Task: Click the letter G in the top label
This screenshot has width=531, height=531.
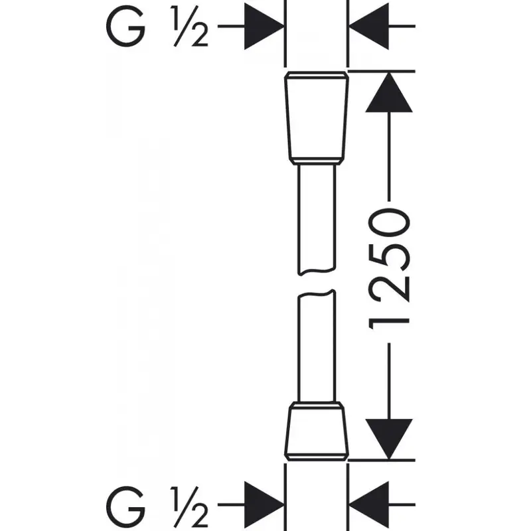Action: point(125,27)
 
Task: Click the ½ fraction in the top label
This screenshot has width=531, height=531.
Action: point(190,27)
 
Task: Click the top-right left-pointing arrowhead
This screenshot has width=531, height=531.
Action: point(369,26)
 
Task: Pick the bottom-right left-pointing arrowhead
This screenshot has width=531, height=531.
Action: point(369,504)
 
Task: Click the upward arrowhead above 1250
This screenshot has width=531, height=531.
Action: point(389,92)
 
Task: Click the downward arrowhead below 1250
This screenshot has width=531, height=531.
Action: point(389,439)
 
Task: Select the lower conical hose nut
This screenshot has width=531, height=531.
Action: point(317,431)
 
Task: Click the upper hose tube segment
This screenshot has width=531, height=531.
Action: point(317,220)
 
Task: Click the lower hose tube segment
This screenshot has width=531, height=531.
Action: point(317,346)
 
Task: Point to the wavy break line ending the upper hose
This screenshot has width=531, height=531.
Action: point(317,271)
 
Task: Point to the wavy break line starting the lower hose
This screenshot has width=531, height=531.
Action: point(317,293)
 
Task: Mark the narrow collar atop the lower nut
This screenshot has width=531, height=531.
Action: point(317,404)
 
